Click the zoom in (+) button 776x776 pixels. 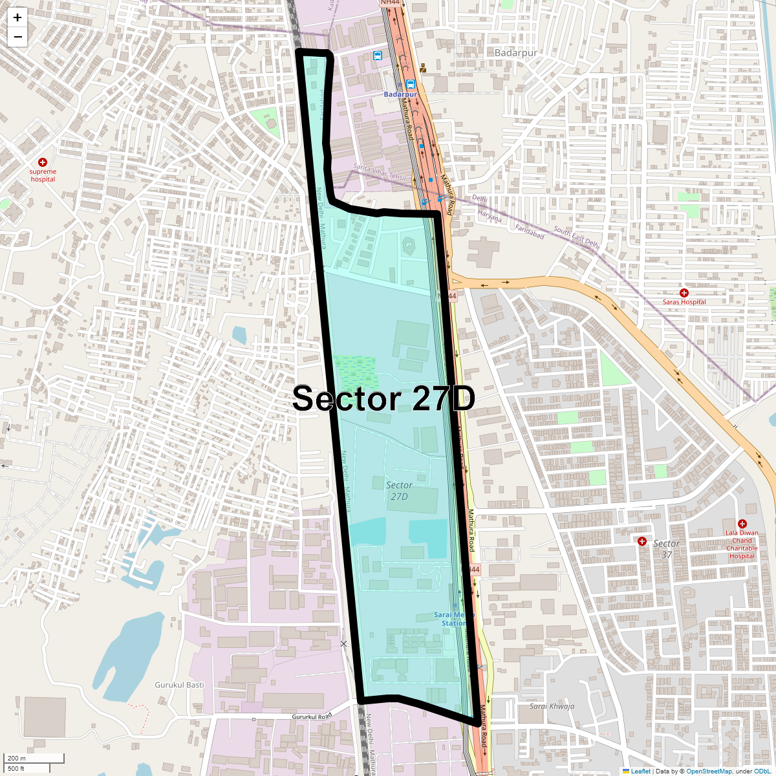tap(17, 17)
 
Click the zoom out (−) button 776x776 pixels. tap(17, 37)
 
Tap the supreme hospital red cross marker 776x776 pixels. tap(43, 162)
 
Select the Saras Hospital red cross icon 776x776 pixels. tap(684, 293)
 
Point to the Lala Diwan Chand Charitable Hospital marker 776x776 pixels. tap(742, 524)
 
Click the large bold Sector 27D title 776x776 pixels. tap(383, 399)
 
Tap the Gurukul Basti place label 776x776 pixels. tap(179, 685)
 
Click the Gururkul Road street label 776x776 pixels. tap(312, 717)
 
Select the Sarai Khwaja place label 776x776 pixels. tap(552, 706)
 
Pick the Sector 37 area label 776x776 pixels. tap(666, 549)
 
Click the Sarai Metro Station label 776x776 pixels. tap(453, 619)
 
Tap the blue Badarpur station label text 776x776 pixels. tap(400, 94)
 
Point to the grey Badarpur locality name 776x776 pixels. tap(515, 52)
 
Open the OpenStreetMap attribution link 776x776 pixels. tap(709, 771)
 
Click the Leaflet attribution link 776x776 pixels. tap(640, 771)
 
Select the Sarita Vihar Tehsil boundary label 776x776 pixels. tap(379, 172)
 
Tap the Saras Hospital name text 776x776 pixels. tap(684, 302)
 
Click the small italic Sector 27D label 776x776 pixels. tap(399, 491)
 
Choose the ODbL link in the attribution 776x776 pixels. tap(762, 771)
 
